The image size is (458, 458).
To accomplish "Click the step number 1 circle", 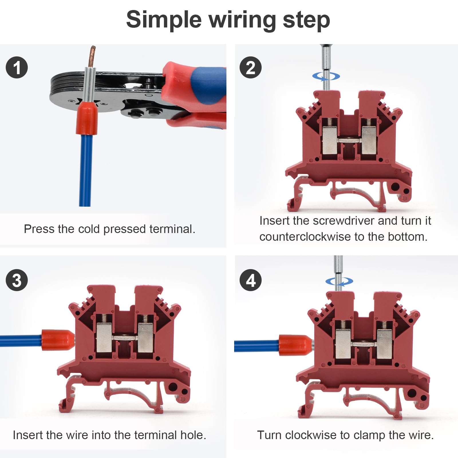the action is (x=17, y=68).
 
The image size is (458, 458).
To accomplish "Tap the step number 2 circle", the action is (x=250, y=68).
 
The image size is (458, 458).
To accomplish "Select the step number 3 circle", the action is (x=17, y=280).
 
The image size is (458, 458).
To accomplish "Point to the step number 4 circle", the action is (x=250, y=280).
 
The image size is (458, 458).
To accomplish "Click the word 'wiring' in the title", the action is (x=242, y=20).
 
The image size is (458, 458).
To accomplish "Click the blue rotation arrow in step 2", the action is (x=326, y=76).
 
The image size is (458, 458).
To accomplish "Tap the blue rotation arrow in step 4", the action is (x=339, y=282).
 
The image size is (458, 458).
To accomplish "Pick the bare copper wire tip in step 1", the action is (x=92, y=56).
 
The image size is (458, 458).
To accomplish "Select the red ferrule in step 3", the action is (x=57, y=340).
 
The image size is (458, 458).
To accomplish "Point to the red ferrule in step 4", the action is (x=295, y=345).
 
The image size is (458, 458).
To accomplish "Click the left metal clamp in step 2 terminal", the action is (x=329, y=140).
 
